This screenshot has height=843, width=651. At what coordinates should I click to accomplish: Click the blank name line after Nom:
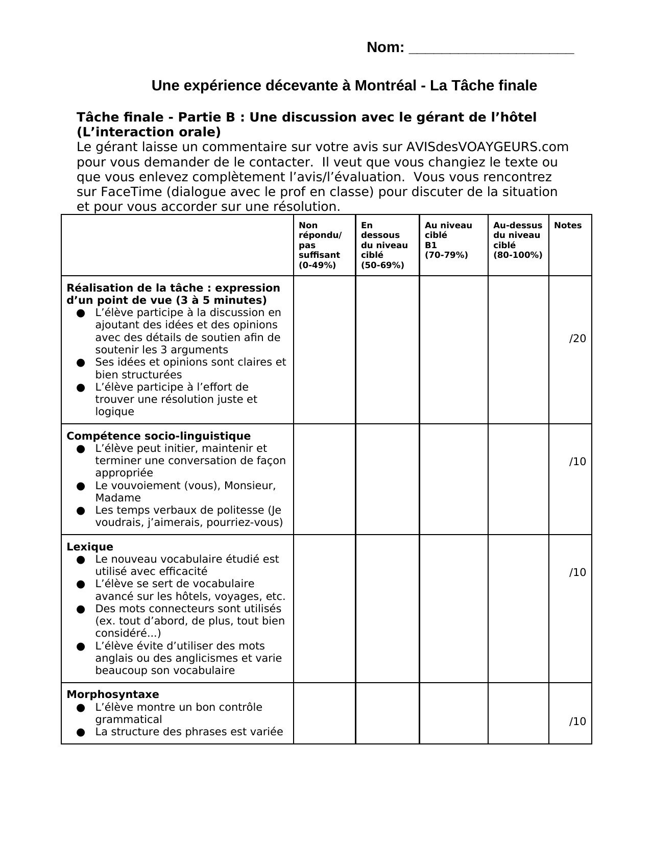coord(491,49)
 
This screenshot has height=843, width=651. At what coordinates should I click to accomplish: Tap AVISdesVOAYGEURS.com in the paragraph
coord(487,147)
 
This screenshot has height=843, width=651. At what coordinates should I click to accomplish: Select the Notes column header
coord(568,226)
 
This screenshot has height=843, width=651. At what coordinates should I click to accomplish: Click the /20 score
coord(577,339)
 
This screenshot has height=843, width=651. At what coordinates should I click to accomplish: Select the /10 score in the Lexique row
coord(577,572)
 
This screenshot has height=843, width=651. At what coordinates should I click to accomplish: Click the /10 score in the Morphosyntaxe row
coord(577,721)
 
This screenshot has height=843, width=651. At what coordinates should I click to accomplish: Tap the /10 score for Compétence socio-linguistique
coord(577,462)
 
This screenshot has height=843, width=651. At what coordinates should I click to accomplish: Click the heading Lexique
coord(90,547)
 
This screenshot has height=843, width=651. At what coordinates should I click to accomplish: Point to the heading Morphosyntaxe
coord(113,694)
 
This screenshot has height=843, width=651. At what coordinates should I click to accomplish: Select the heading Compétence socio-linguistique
coord(158,436)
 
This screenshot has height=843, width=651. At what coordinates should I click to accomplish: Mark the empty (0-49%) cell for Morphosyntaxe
coord(324,713)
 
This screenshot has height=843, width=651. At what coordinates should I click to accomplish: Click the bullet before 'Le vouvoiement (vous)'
coord(81,486)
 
